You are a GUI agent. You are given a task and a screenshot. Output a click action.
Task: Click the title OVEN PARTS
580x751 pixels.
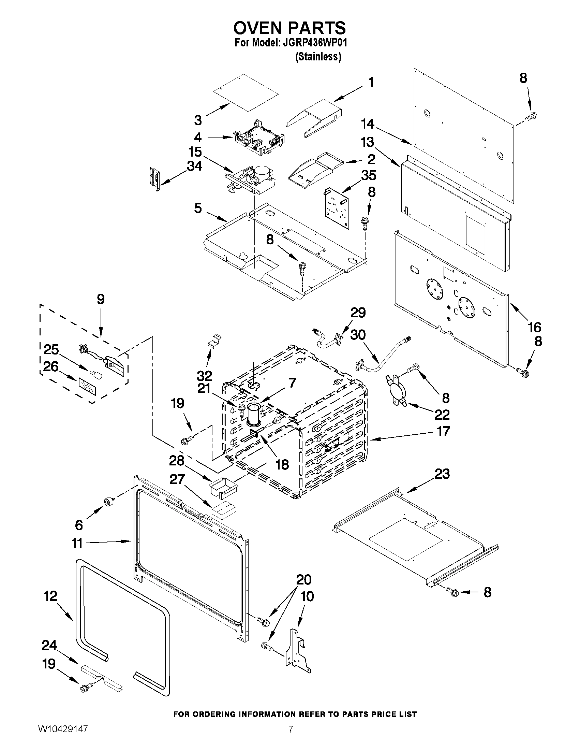[x=289, y=28]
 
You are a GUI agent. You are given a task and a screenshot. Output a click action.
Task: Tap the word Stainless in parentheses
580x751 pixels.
[x=318, y=56]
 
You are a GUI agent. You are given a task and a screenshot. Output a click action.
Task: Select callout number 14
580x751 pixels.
[x=367, y=124]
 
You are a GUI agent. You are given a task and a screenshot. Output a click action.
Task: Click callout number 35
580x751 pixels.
[x=368, y=175]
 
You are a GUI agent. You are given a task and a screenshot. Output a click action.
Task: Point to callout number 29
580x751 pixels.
[x=358, y=313]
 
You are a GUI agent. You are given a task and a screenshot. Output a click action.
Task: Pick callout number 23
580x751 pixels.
[x=442, y=474]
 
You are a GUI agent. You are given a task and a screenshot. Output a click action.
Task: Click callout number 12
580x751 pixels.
[x=50, y=596]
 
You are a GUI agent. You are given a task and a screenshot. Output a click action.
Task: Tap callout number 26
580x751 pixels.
[x=50, y=366]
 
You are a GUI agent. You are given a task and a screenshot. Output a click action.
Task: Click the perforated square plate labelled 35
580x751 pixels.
[x=337, y=208]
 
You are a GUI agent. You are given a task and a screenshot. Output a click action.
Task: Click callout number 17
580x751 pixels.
[x=443, y=431]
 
